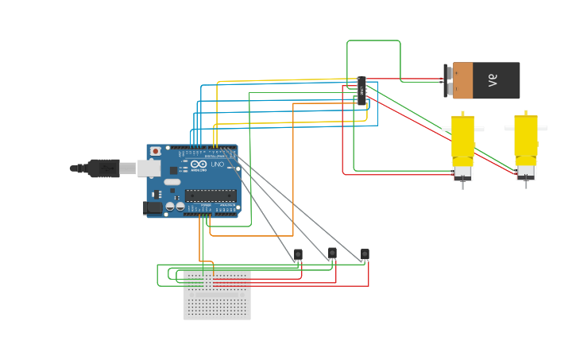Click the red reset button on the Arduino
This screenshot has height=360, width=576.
[156, 150]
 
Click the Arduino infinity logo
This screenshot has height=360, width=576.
[197, 165]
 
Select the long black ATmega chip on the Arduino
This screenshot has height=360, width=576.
[210, 195]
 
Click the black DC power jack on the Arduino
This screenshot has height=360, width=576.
[153, 208]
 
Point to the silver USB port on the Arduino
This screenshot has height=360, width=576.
[149, 168]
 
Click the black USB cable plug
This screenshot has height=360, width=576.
[102, 168]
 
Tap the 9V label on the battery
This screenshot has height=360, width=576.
[492, 80]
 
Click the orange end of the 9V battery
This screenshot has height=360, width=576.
[462, 80]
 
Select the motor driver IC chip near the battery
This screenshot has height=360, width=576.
[361, 91]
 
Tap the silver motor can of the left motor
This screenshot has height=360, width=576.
[462, 172]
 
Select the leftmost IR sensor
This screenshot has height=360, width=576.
[298, 254]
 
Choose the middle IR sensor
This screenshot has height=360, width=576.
[332, 253]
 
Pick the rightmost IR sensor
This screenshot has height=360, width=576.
[365, 254]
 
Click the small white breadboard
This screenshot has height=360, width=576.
[217, 295]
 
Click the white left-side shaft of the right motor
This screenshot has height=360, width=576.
[508, 128]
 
